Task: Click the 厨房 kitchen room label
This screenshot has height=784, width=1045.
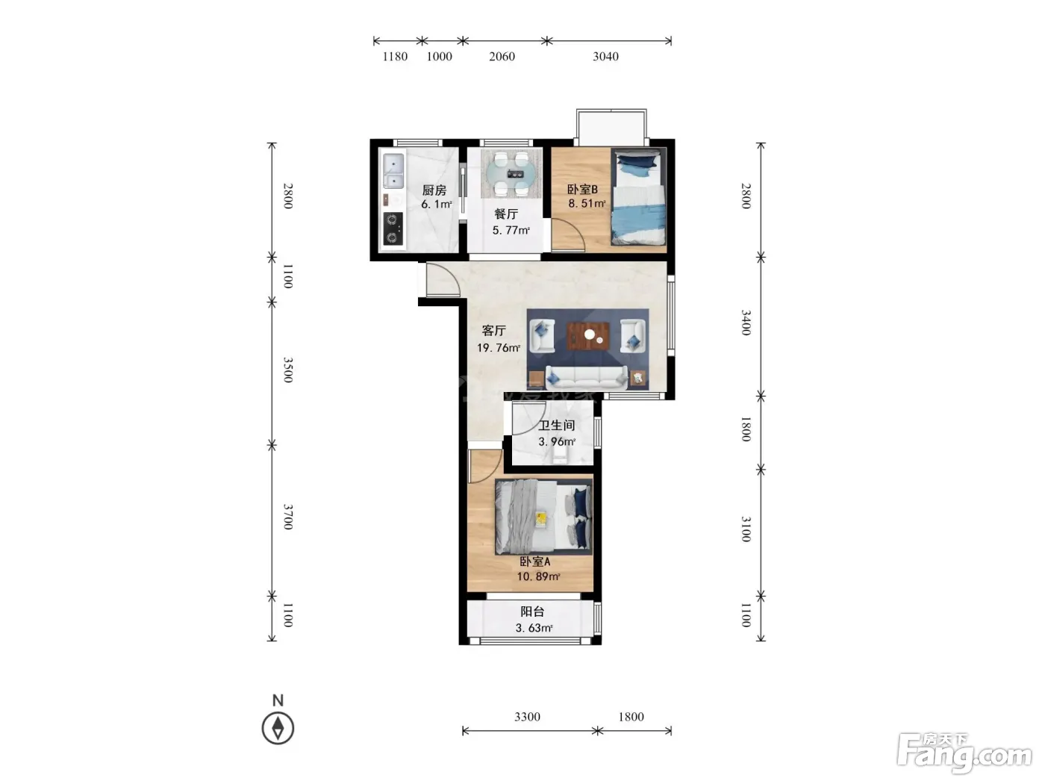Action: [x=434, y=190]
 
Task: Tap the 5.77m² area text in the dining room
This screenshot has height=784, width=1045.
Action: [x=511, y=231]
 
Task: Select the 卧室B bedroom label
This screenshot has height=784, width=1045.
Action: [x=582, y=190]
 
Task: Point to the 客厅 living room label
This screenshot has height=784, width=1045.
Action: [x=493, y=330]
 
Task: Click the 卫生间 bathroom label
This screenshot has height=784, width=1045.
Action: [x=557, y=425]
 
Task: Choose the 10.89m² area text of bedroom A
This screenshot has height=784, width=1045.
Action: [x=538, y=576]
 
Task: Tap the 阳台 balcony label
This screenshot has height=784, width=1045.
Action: [x=532, y=612]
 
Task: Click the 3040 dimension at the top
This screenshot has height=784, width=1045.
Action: [x=605, y=57]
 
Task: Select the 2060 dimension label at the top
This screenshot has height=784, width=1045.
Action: [x=502, y=57]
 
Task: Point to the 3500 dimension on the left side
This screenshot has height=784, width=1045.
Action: [x=287, y=370]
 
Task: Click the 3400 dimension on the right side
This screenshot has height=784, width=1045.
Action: [x=746, y=323]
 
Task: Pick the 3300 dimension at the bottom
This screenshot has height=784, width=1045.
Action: [x=527, y=717]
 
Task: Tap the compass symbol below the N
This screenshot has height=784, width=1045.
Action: [x=278, y=728]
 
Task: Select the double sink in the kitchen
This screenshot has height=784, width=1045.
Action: [x=393, y=171]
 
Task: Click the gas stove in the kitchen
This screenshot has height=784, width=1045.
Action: [x=393, y=229]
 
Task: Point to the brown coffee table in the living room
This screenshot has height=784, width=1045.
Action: [x=588, y=336]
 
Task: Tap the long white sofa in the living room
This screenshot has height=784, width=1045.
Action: [x=586, y=378]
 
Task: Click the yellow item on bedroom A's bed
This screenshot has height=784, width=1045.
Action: [x=541, y=518]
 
